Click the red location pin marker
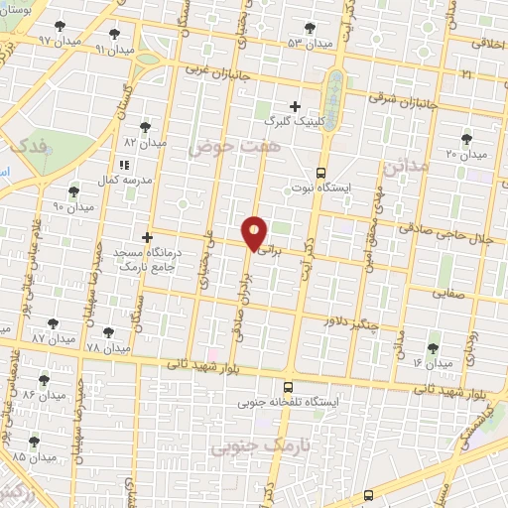tap(255, 233)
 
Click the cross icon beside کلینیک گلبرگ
tap(295, 105)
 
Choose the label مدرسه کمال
tap(123, 181)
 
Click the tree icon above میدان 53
tap(311, 28)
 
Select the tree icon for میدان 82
tap(146, 127)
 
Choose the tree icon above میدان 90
tap(72, 190)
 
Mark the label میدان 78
tap(108, 349)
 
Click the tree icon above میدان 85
tap(35, 442)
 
